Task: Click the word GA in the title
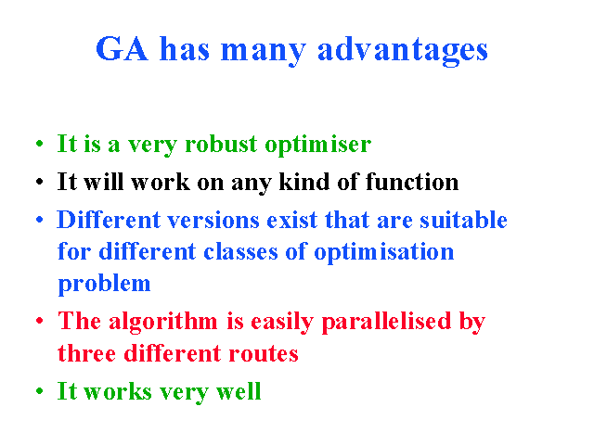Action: (x=122, y=48)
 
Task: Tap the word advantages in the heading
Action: (x=403, y=51)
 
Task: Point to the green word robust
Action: (x=221, y=144)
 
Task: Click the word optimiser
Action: (x=318, y=146)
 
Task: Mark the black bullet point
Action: (x=39, y=182)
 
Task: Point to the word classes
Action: (x=240, y=252)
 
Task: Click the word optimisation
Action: (x=383, y=253)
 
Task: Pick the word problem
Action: (x=104, y=285)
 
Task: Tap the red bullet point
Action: (x=39, y=321)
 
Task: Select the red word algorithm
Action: (x=163, y=323)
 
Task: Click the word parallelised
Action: (x=387, y=323)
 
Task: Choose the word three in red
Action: (x=86, y=353)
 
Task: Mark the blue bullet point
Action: (x=39, y=220)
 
